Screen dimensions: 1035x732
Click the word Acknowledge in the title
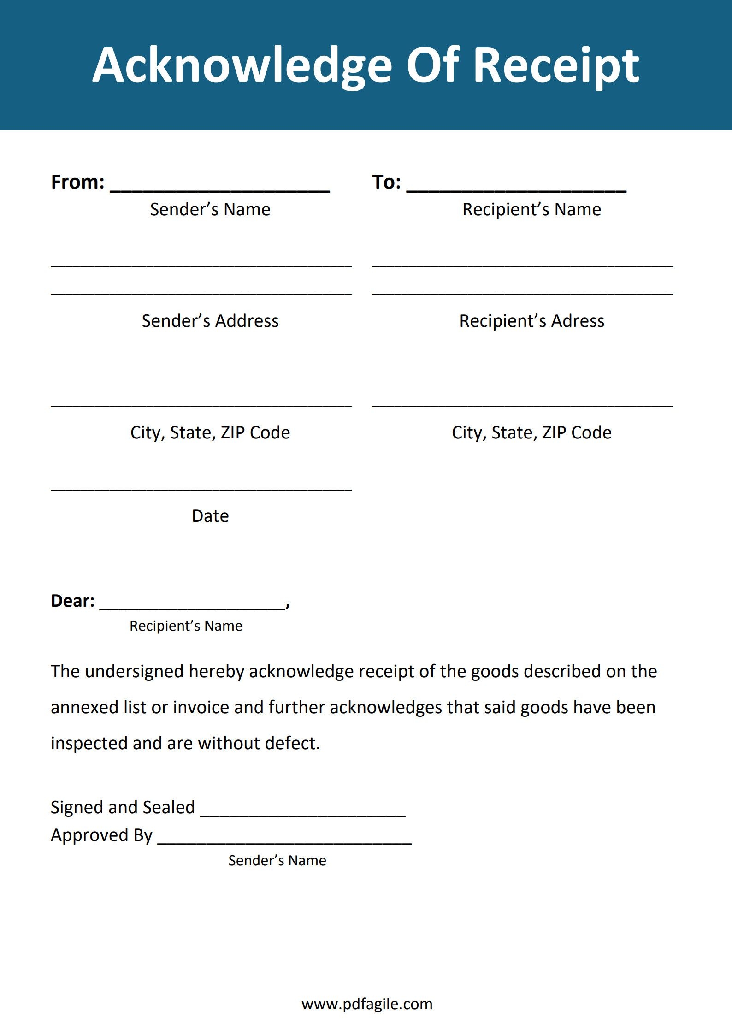pos(242,65)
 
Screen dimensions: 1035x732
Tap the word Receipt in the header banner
pos(556,65)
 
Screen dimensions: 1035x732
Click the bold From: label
pos(77,182)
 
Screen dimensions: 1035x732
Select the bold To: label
pos(386,182)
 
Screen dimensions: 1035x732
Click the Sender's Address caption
pos(210,321)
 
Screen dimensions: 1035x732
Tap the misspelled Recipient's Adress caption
pos(531,321)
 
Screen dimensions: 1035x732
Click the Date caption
pos(210,516)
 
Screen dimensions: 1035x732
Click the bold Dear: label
pos(73,601)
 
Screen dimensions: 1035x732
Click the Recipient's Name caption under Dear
pos(186,626)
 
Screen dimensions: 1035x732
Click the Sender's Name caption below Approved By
pos(277,860)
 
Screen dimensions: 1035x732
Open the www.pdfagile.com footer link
pos(367,1004)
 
